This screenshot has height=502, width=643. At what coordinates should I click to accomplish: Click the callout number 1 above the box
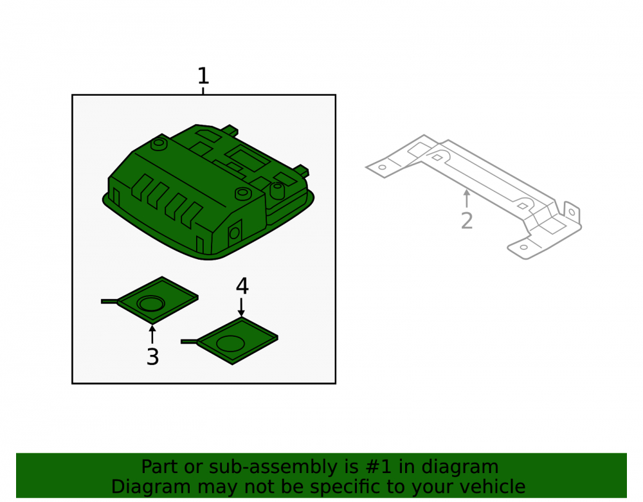203,76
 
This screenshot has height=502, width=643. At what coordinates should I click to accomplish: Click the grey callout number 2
467,221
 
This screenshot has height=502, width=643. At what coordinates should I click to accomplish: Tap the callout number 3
152,357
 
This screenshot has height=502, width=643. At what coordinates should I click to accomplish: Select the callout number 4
242,286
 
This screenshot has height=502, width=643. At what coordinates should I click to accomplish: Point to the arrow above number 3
152,334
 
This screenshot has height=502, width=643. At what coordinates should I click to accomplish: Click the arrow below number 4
241,307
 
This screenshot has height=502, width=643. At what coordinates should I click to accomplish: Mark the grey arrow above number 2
466,199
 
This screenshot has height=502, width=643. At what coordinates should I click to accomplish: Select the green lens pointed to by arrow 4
237,340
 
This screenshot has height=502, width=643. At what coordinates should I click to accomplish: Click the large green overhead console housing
208,192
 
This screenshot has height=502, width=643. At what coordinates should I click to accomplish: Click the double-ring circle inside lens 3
151,303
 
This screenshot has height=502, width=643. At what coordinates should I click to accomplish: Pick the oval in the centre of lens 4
230,343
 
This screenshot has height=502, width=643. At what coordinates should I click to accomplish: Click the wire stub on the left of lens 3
109,301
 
